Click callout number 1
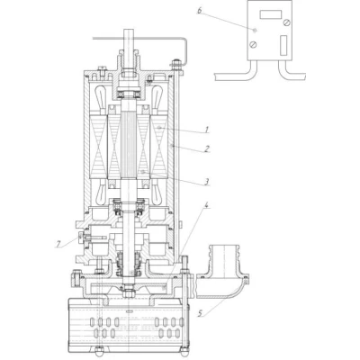[x=206, y=130]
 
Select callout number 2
[x=206, y=148]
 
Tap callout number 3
[x=206, y=181]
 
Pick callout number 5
[x=201, y=313]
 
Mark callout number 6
[x=200, y=11]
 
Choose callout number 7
[x=58, y=245]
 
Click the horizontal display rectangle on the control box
[x=270, y=14]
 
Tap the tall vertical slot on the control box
[x=283, y=46]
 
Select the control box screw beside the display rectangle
[x=287, y=22]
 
